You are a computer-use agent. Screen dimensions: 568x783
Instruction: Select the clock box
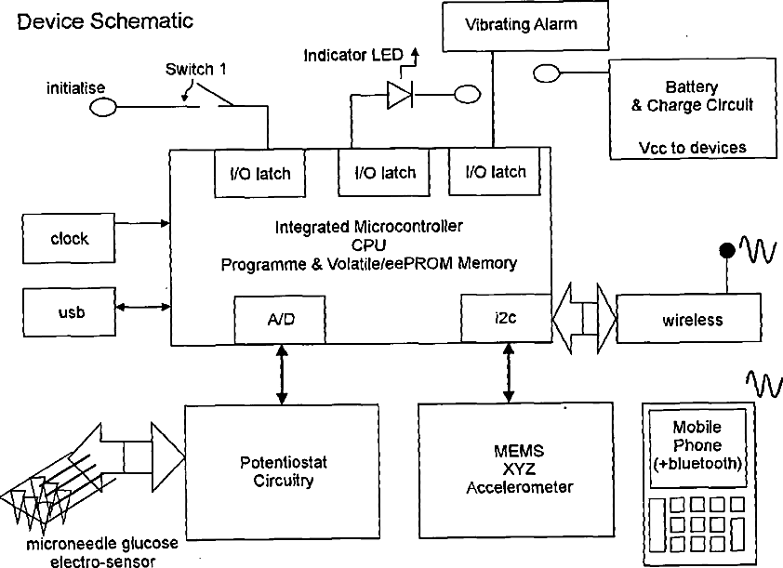coord(69,239)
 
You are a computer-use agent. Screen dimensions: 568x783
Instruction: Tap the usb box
coord(69,311)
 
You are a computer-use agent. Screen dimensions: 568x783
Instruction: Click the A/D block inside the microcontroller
coord(280,319)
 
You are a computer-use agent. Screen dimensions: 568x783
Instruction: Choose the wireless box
coord(692,319)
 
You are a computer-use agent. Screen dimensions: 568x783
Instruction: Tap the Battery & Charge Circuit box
coord(692,109)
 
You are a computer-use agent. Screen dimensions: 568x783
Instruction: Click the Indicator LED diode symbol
coord(400,95)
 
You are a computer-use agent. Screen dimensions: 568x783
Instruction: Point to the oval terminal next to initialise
coord(103,108)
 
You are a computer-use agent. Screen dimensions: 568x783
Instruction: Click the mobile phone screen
coord(697,445)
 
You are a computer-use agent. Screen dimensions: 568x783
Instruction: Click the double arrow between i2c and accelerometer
coord(508,372)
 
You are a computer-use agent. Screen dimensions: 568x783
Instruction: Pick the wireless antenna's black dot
coord(725,250)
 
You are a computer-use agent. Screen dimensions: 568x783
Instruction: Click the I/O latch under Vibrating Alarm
coord(494,172)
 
